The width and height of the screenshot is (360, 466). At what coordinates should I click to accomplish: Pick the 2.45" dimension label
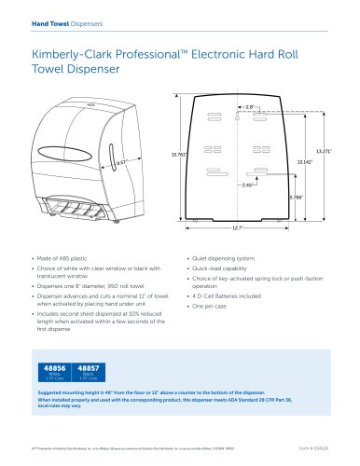[247, 185]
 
